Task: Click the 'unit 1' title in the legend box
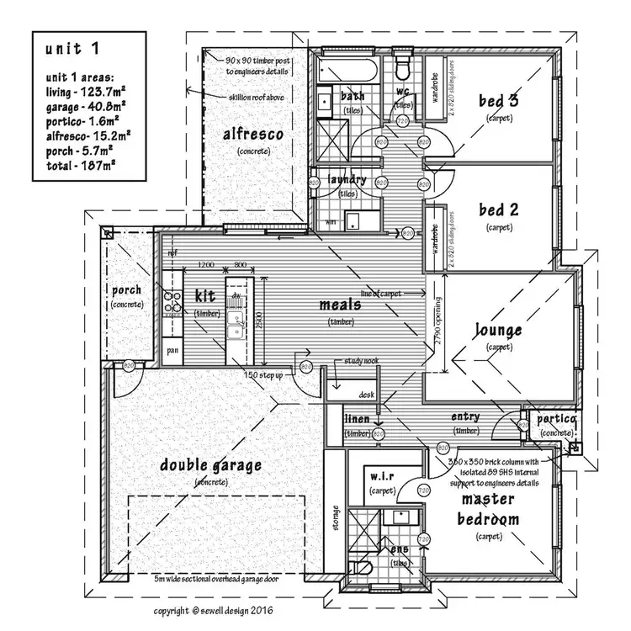[x=72, y=50]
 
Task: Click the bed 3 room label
[x=498, y=101]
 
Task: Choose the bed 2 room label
[x=498, y=209]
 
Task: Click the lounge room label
[x=498, y=331]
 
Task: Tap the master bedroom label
[x=488, y=509]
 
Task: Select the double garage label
[x=211, y=464]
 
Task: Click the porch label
[x=127, y=290]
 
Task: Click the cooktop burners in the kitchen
[x=172, y=301]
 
